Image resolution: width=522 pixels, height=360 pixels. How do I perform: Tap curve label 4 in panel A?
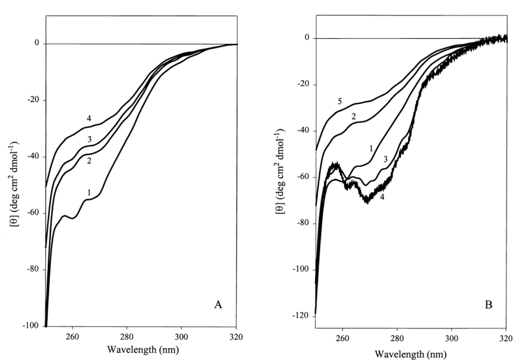point(89,119)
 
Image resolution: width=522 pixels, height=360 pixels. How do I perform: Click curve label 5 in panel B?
point(339,101)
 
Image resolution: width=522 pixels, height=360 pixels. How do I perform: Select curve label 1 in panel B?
point(371,148)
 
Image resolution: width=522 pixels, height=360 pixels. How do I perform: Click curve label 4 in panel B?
point(382,196)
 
